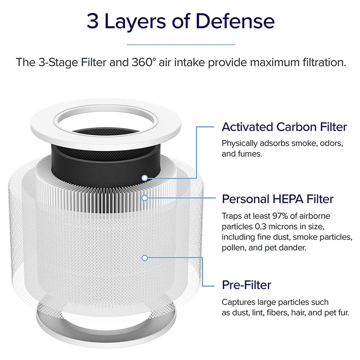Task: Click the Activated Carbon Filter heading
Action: point(284,127)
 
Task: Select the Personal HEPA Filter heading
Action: point(278,199)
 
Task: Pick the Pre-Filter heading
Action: point(246,285)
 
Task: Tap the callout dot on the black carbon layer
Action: point(145,178)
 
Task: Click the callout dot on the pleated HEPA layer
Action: point(145,198)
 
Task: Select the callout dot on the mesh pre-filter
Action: point(145,258)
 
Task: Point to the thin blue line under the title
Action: point(181,45)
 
